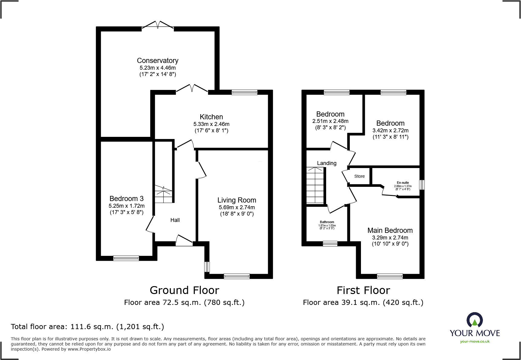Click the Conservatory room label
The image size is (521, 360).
pos(158,61)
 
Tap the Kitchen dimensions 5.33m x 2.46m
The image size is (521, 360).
pos(211,124)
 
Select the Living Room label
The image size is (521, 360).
pos(237,200)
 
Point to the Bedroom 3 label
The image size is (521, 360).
pos(126,199)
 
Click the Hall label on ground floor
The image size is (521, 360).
pos(175,220)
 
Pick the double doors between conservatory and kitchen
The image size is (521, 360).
pos(192,88)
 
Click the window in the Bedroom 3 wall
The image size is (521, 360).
pos(126,258)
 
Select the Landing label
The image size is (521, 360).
pos(326,163)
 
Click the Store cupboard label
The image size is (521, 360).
pos(359,176)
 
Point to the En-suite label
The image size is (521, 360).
pos(403,183)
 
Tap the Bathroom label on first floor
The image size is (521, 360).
pos(327,222)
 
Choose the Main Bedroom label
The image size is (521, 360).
pos(390,230)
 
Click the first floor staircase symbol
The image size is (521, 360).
pos(315,185)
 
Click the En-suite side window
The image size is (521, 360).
pos(422,185)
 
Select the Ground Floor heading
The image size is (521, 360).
pos(184,290)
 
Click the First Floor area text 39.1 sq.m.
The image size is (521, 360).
pos(363,302)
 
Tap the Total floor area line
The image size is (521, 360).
pos(87,327)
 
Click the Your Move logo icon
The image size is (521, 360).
pos(474,320)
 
